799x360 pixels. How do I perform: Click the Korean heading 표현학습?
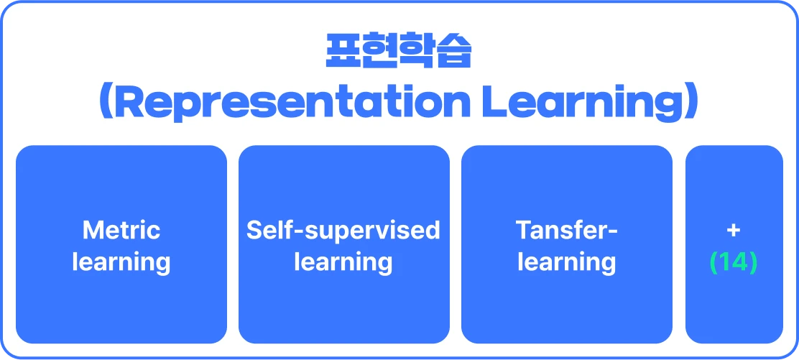[x=399, y=52]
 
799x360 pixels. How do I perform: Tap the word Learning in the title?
[x=581, y=105]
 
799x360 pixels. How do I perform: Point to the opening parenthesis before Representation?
[x=106, y=104]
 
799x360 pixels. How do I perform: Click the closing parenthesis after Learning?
[x=691, y=104]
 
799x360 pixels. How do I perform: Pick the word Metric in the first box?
[x=121, y=231]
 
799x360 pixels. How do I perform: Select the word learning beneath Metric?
[x=121, y=263]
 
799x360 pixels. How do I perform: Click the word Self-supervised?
[x=343, y=231]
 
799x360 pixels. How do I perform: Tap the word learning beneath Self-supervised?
[x=343, y=263]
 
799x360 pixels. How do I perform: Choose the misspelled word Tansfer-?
[x=567, y=231]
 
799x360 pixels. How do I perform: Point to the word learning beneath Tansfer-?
[x=567, y=263]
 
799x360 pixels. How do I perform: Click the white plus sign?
[x=734, y=231]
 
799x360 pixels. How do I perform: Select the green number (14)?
[x=734, y=262]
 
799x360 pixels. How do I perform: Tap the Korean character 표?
[x=343, y=52]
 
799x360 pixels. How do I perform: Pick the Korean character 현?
[x=380, y=52]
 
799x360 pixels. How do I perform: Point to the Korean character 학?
[x=417, y=52]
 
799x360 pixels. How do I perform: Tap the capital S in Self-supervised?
[x=256, y=231]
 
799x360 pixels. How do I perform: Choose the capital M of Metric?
[x=93, y=231]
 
